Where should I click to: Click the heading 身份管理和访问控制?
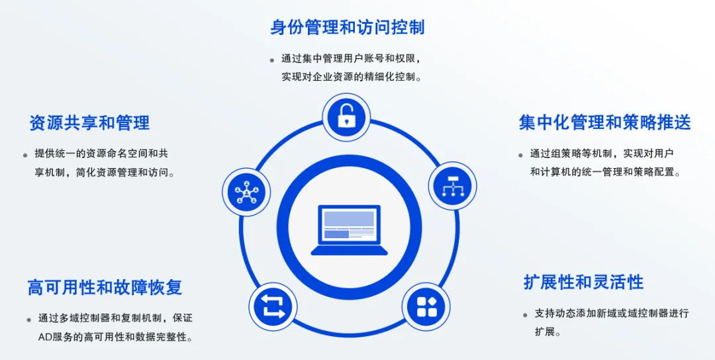coord(347,27)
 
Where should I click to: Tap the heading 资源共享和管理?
coord(89,123)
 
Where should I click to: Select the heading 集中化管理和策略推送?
coord(604,122)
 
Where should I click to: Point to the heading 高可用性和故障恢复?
coord(105,287)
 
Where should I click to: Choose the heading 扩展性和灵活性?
coord(583,283)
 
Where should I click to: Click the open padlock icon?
coord(346,117)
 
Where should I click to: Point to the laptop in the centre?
coord(350,230)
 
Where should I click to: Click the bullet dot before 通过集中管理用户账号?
coord(272,60)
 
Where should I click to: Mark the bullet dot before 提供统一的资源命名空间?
coord(26,155)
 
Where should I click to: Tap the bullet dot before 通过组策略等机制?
coord(520,155)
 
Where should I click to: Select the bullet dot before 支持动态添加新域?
coord(525,314)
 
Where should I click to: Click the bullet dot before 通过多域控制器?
coord(28,320)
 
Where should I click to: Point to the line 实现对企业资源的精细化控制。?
coord(351,77)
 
